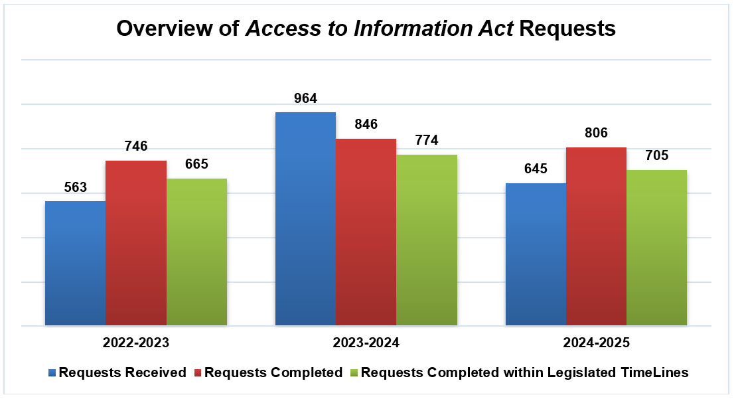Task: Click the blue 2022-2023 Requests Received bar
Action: pos(75,263)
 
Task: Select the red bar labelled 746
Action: pos(136,243)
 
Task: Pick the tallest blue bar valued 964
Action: pos(305,219)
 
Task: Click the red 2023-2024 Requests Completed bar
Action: pos(366,232)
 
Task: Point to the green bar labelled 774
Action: pos(427,240)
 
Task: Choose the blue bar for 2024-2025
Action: pos(536,254)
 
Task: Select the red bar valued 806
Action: pos(596,236)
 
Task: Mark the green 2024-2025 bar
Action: pos(657,248)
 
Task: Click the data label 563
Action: pos(75,188)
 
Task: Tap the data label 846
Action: pos(366,124)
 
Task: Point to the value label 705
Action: pos(657,156)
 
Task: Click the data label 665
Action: pos(196,164)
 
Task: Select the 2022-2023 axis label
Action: pos(135,343)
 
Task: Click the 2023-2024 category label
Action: pos(366,343)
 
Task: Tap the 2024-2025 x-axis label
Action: pos(596,343)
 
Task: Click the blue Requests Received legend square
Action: pos(53,372)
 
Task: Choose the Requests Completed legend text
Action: pos(273,372)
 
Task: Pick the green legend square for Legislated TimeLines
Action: pos(354,372)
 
